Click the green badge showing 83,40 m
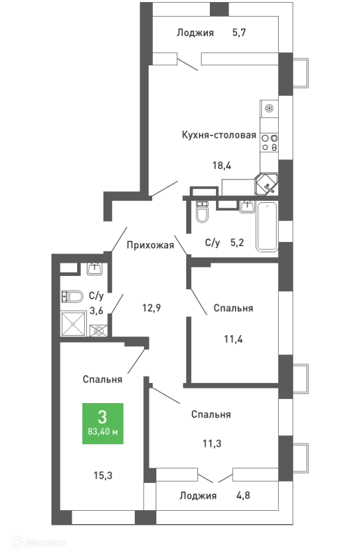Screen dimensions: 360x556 (103, 423)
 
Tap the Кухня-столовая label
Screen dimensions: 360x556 (219, 135)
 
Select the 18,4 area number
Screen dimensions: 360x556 (222, 165)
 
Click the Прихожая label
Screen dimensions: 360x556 (150, 245)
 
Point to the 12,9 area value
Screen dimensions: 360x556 (152, 308)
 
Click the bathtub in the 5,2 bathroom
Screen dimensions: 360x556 (267, 227)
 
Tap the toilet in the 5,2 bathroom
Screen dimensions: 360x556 (202, 212)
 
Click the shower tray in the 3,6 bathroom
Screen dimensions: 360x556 (74, 323)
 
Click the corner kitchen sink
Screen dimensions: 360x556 (267, 184)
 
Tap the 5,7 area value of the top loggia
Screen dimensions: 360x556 (239, 33)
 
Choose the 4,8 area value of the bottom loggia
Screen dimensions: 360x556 (243, 495)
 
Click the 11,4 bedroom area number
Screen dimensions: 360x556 (234, 339)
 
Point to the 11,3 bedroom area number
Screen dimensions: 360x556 (212, 443)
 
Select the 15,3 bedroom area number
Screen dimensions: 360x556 (103, 475)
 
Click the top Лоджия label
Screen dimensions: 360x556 (195, 33)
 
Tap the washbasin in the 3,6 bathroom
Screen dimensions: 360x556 (95, 269)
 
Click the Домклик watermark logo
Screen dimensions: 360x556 (39, 543)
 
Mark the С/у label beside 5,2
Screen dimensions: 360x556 (213, 243)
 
